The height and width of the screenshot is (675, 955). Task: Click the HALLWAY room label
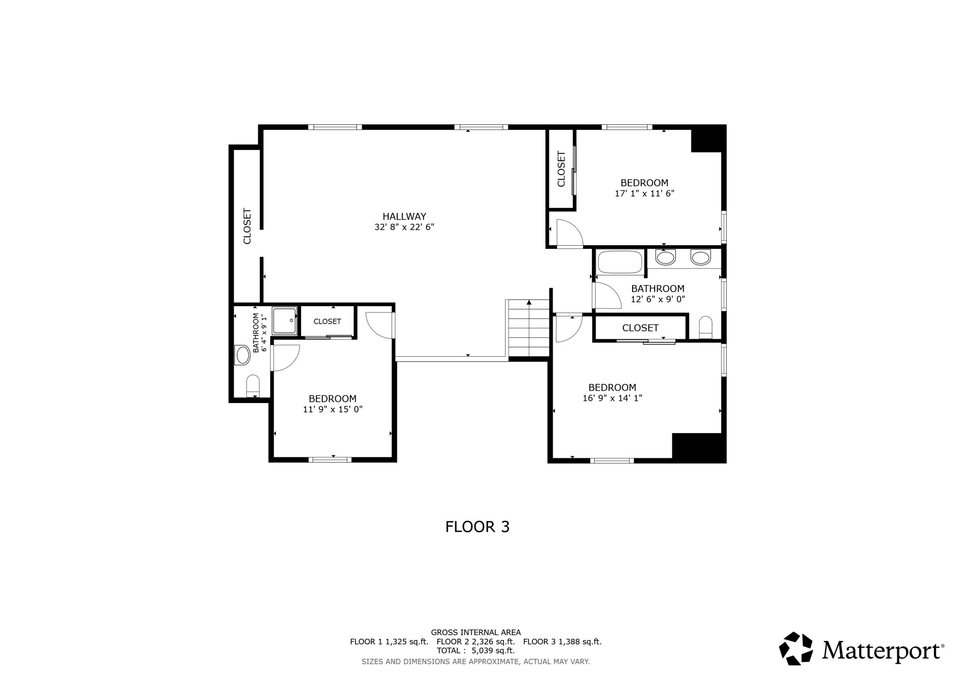point(404,216)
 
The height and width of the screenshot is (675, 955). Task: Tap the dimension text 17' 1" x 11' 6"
point(644,194)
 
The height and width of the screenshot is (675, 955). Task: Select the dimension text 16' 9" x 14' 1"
point(612,398)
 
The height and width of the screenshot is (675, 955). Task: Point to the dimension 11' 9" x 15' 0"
point(332,409)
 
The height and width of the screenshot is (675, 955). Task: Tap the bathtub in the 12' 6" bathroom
point(620,263)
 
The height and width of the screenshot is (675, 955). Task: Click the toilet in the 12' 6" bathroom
point(705,327)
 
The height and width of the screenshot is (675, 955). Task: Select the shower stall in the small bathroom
point(284,321)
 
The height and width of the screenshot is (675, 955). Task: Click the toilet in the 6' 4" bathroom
point(253,386)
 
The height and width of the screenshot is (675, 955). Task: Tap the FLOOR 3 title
point(477,527)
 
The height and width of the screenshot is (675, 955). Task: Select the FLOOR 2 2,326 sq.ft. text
point(476,641)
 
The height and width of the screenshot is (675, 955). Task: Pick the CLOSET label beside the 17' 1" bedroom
point(561,169)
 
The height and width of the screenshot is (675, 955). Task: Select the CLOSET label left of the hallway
point(247,226)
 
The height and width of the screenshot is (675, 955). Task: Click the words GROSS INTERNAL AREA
point(476,632)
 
